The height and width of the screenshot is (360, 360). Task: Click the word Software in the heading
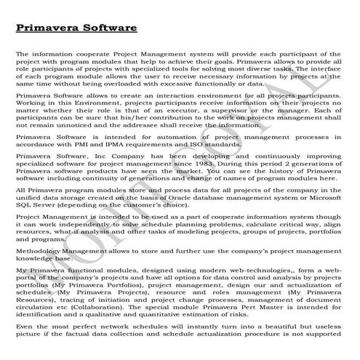pyautogui.click(x=108, y=28)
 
